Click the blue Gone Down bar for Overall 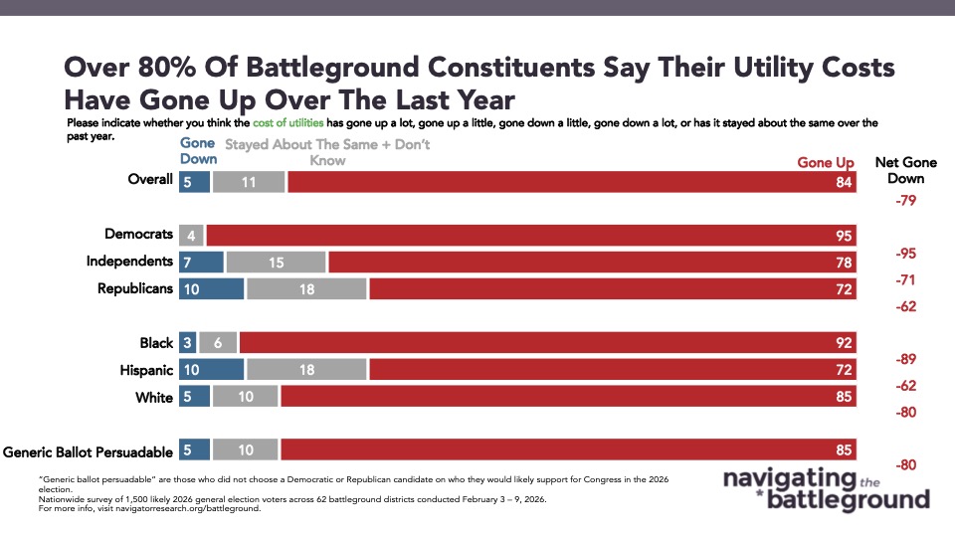coord(193,182)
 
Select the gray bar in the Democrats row coord(192,236)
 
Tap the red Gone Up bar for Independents coord(592,263)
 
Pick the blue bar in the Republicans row coord(211,289)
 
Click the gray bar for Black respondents coord(217,343)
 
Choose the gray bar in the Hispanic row coord(306,370)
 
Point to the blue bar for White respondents coord(193,397)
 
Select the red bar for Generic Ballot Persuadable coord(568,450)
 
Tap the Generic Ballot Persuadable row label coord(89,450)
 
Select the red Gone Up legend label coord(826,163)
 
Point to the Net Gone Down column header coord(905,170)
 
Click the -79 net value coord(905,200)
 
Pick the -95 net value coord(905,254)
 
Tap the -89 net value coord(905,359)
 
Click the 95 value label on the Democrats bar coord(845,236)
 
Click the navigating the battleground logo coord(826,488)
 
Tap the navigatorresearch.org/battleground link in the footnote coord(208,508)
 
